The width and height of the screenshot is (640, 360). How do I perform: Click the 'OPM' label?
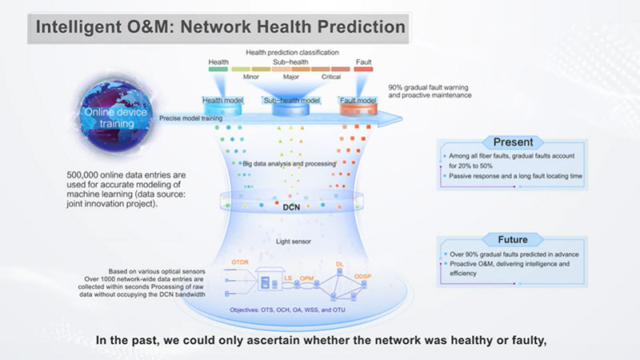pyautogui.click(x=308, y=277)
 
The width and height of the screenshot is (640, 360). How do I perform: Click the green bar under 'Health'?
pyautogui.click(x=218, y=70)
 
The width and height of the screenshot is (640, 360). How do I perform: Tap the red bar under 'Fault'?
pyautogui.click(x=363, y=70)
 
